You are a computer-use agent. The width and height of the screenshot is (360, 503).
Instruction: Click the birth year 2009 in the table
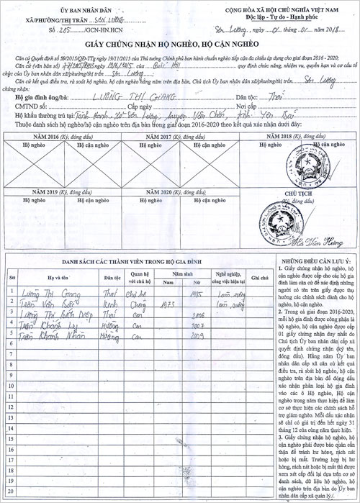[x=196, y=335]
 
